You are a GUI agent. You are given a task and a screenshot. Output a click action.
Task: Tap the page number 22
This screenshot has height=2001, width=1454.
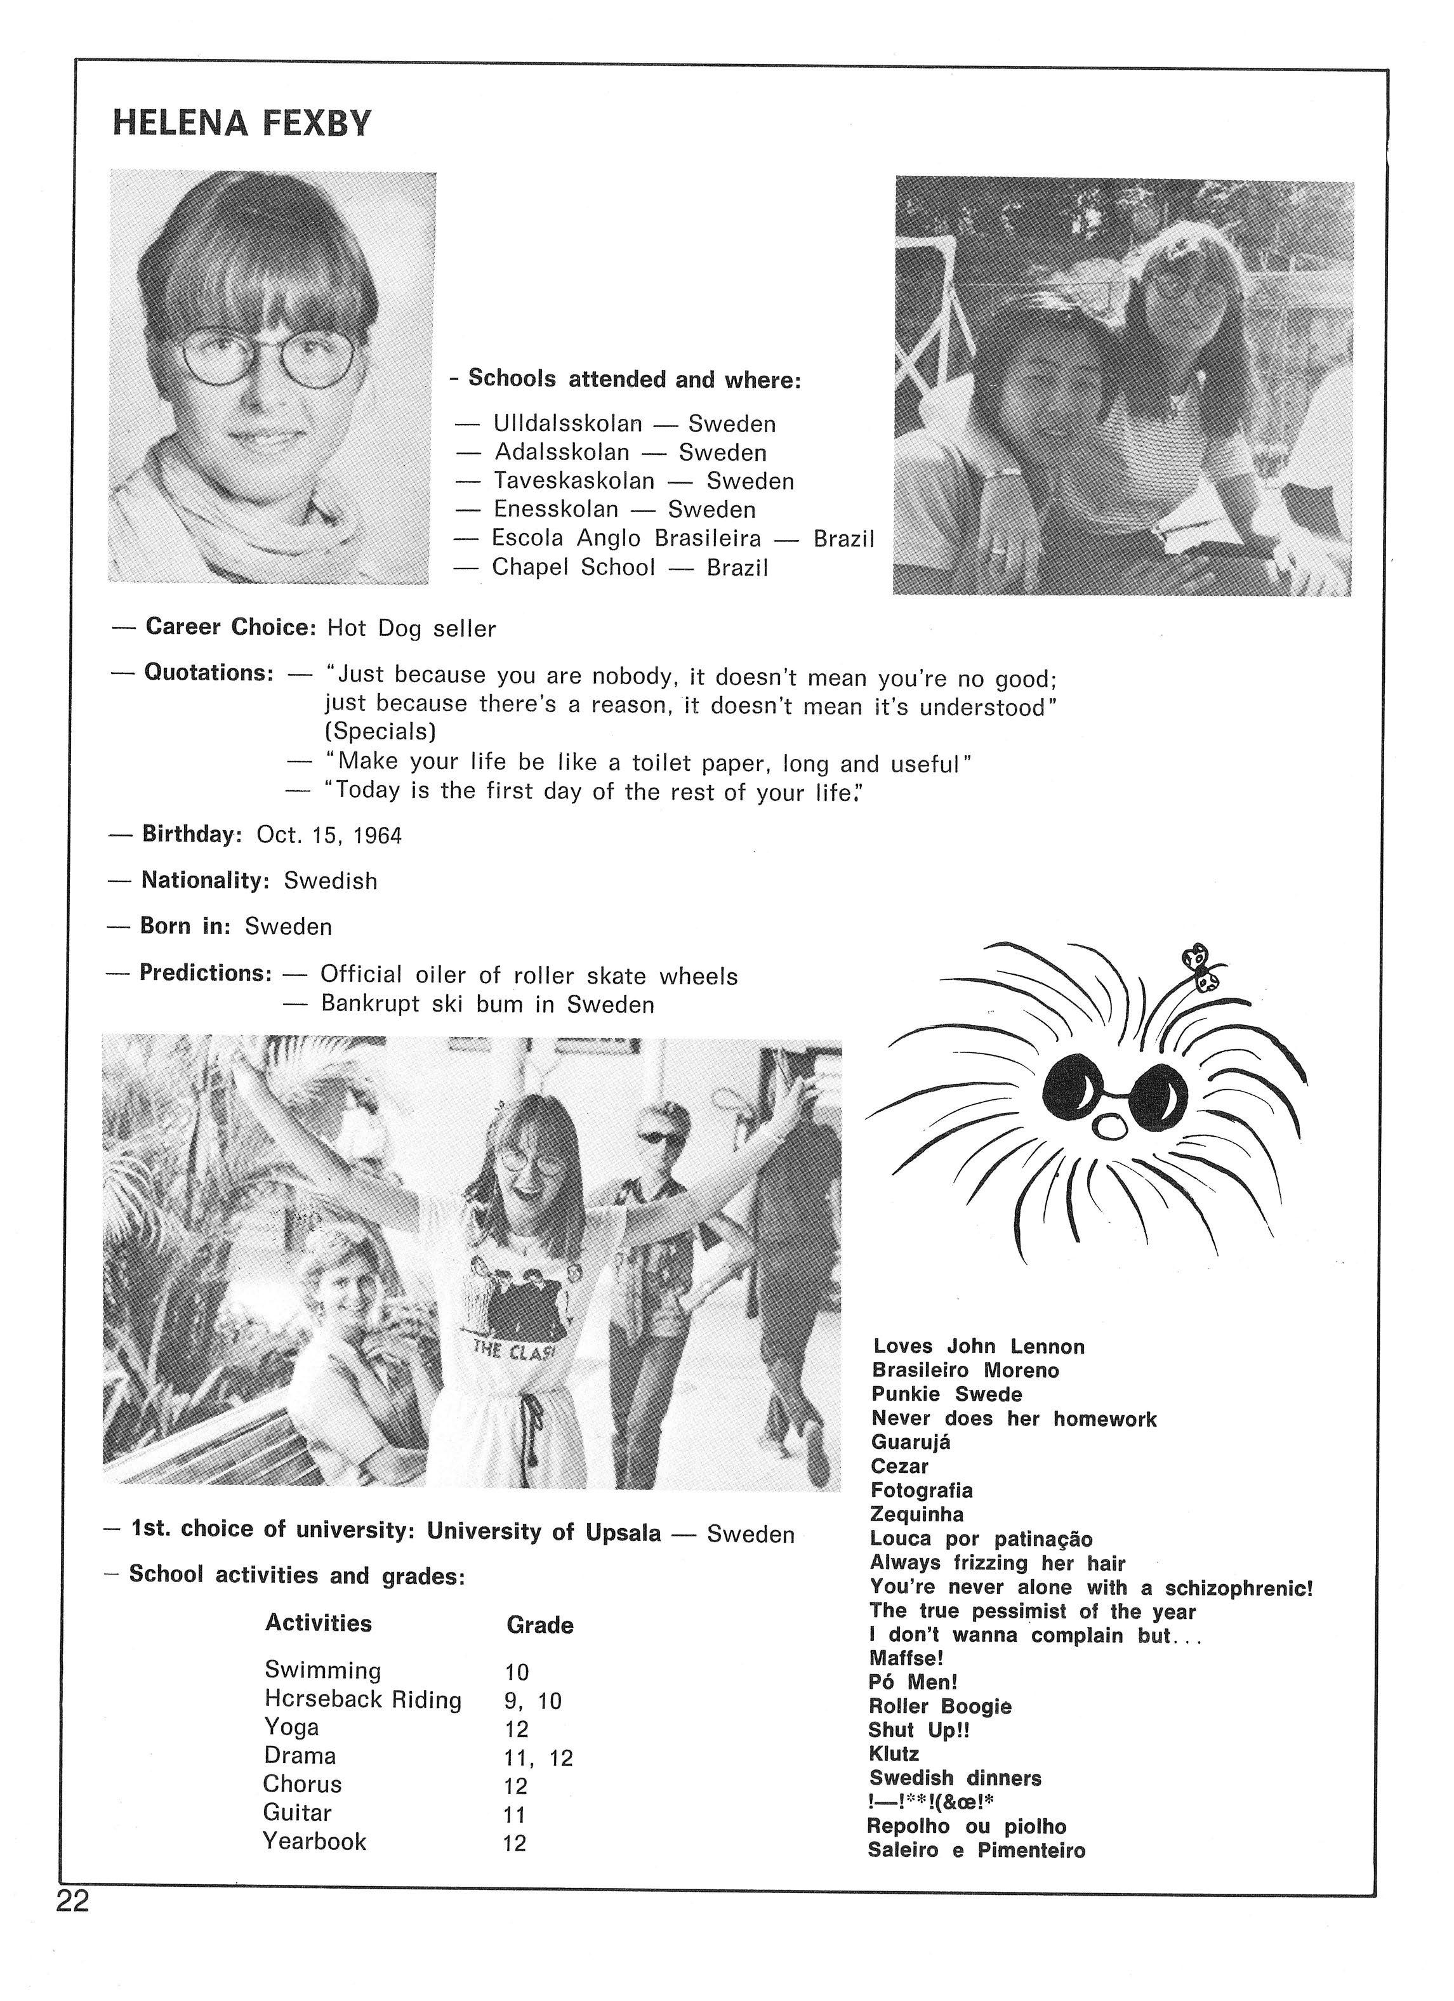coord(72,1902)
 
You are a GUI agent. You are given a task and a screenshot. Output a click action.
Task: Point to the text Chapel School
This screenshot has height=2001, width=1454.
coord(574,567)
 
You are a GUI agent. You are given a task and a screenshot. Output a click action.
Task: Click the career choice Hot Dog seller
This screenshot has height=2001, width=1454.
coord(411,628)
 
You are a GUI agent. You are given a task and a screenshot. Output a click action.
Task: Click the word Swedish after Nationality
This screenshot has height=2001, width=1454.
coord(331,880)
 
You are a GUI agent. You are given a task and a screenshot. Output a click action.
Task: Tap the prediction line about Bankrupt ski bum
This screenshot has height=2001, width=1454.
coord(487,1004)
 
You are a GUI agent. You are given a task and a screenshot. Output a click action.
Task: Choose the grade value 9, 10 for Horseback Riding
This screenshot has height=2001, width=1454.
coord(532,1700)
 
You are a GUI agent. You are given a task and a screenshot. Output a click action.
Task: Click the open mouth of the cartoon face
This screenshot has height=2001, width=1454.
coord(1108,1126)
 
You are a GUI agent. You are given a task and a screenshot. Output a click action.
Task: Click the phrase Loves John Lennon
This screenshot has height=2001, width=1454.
coord(979,1346)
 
